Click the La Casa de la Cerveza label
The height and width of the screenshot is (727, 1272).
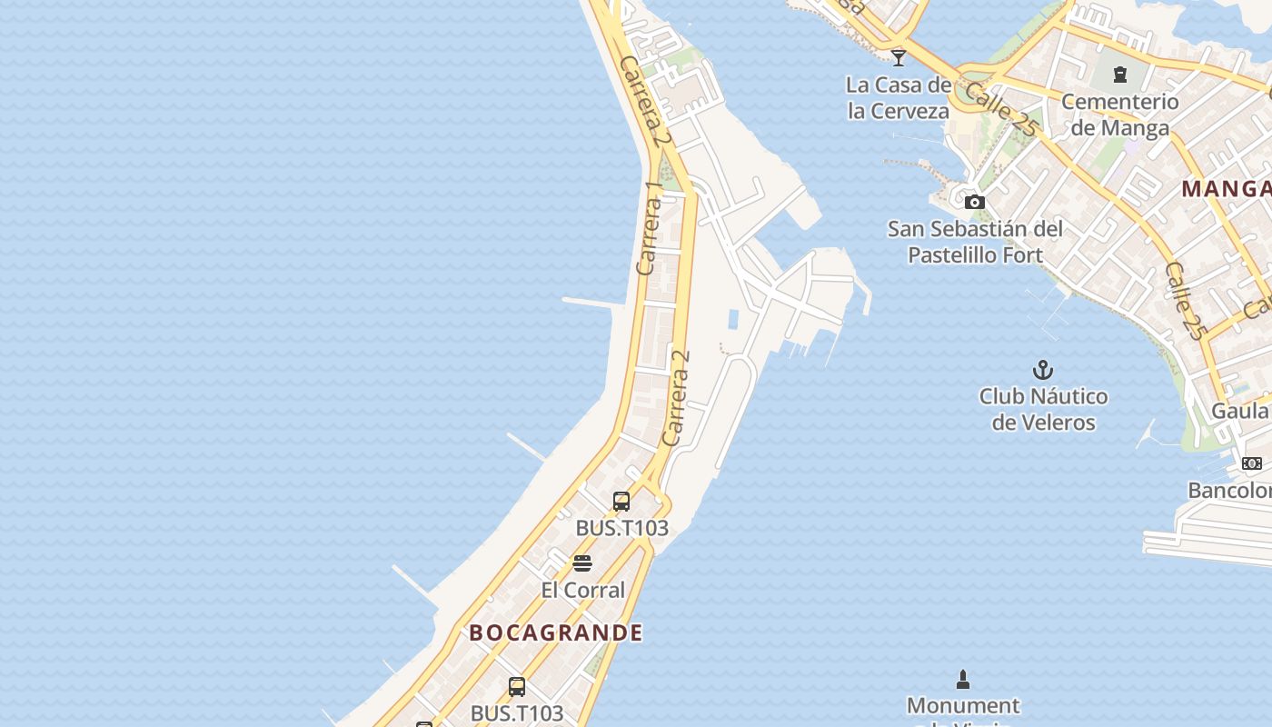(898, 98)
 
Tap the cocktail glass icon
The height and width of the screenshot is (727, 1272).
(899, 57)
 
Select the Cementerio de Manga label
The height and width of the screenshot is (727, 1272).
(1119, 115)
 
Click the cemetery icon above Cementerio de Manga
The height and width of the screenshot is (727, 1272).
(1120, 74)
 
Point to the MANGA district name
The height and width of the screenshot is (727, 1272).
(1227, 189)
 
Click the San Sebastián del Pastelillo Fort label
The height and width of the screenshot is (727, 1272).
(975, 242)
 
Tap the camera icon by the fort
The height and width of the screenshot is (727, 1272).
(975, 202)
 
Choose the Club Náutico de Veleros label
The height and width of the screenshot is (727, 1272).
(1043, 409)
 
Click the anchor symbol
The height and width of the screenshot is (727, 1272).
(1043, 370)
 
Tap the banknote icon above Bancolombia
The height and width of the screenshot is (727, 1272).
(1252, 463)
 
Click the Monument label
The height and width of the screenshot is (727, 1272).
(963, 705)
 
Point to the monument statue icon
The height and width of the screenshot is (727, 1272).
(963, 679)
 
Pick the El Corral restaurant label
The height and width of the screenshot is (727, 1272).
(583, 590)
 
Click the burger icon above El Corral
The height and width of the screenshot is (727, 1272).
(582, 563)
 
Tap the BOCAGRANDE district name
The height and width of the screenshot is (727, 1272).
(556, 633)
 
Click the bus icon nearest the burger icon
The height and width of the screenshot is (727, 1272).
(621, 501)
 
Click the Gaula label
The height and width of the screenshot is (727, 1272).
(1241, 411)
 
